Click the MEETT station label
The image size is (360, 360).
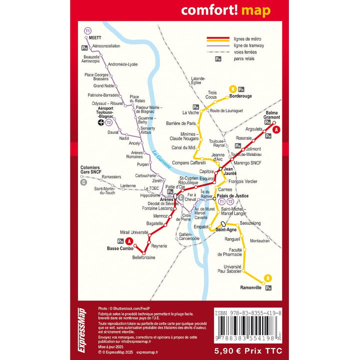(94, 37)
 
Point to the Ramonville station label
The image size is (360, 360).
(250, 288)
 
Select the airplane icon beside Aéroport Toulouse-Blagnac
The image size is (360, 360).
(101, 122)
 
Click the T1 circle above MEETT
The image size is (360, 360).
(88, 31)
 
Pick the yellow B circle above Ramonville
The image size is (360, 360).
(267, 278)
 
